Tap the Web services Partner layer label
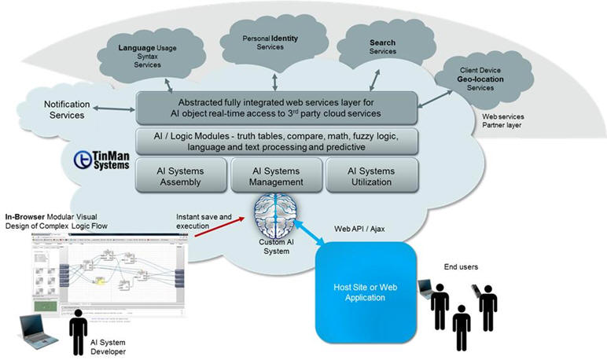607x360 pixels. tap(504, 121)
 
